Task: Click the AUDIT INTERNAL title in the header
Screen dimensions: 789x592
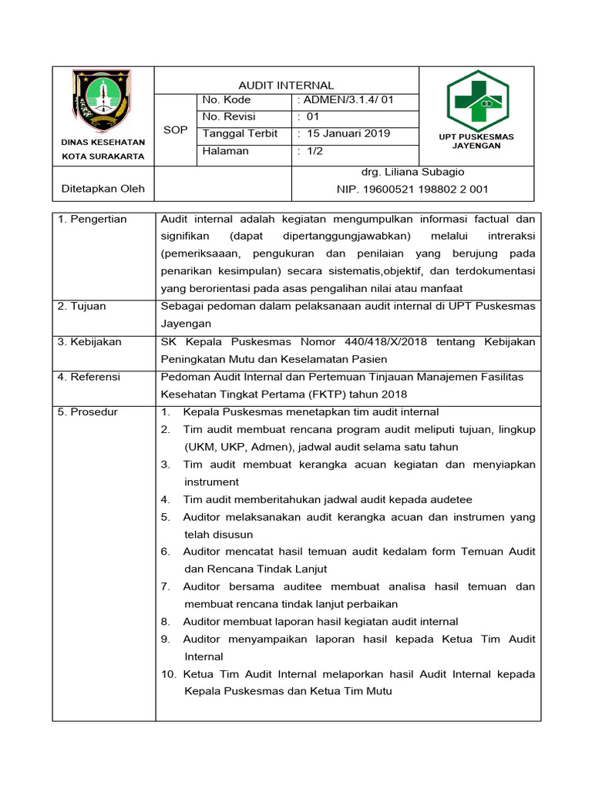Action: click(286, 86)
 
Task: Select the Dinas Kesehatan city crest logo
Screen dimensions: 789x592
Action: click(102, 101)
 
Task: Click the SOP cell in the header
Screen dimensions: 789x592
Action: click(176, 130)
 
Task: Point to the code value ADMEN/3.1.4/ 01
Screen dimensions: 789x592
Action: click(345, 100)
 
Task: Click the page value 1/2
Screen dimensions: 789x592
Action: click(314, 151)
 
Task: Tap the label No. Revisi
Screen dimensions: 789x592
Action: click(227, 117)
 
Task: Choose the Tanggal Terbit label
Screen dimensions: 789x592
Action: click(240, 133)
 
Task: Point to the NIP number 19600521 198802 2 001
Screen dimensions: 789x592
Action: click(412, 189)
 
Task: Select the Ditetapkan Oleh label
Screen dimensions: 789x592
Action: click(103, 189)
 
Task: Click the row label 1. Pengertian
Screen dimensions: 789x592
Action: click(92, 220)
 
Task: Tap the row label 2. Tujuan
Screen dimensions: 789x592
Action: click(82, 307)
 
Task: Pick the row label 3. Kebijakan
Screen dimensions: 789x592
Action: click(89, 341)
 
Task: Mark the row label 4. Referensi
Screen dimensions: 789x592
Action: click(89, 377)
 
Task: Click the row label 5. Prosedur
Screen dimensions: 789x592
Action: click(88, 411)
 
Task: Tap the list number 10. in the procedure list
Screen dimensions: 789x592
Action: click(169, 674)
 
